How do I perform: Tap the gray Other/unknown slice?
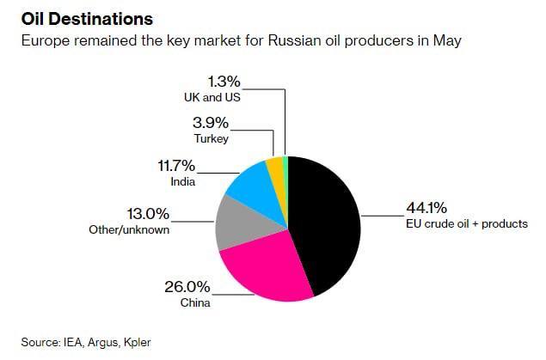pos(234,221)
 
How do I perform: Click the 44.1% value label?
pos(426,207)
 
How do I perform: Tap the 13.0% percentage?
pos(147,214)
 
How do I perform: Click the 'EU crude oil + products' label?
pos(466,224)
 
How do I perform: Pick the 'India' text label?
pos(184,181)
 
